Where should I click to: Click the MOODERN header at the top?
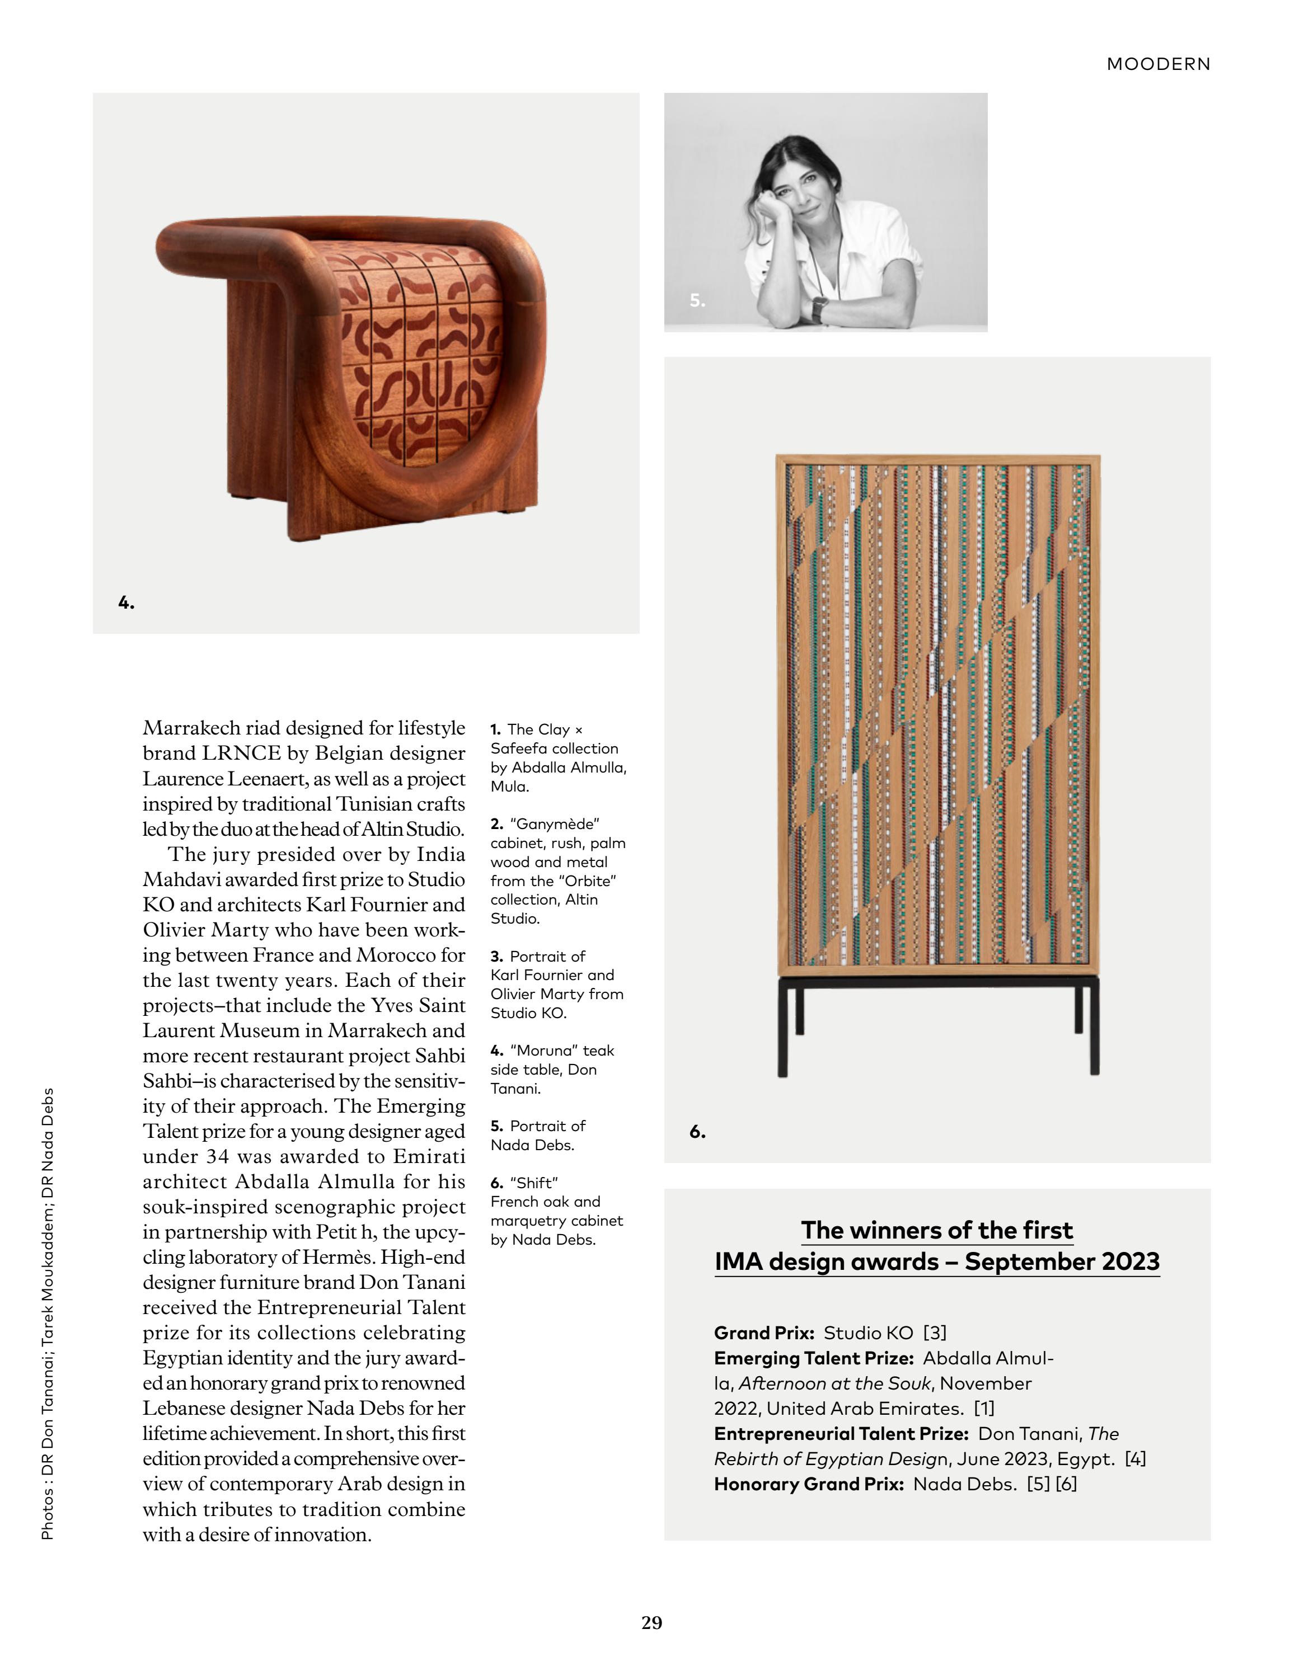coord(1158,64)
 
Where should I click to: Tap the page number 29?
coord(651,1622)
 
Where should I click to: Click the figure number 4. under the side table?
coord(126,603)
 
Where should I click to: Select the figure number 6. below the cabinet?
coord(697,1132)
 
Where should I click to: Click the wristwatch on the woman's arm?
coord(820,309)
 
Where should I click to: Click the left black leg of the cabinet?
coord(782,1028)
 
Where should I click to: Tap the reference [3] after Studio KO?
coord(935,1333)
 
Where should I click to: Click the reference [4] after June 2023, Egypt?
coord(1135,1459)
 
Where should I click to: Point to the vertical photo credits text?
coord(48,1313)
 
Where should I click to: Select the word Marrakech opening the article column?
coord(191,728)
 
